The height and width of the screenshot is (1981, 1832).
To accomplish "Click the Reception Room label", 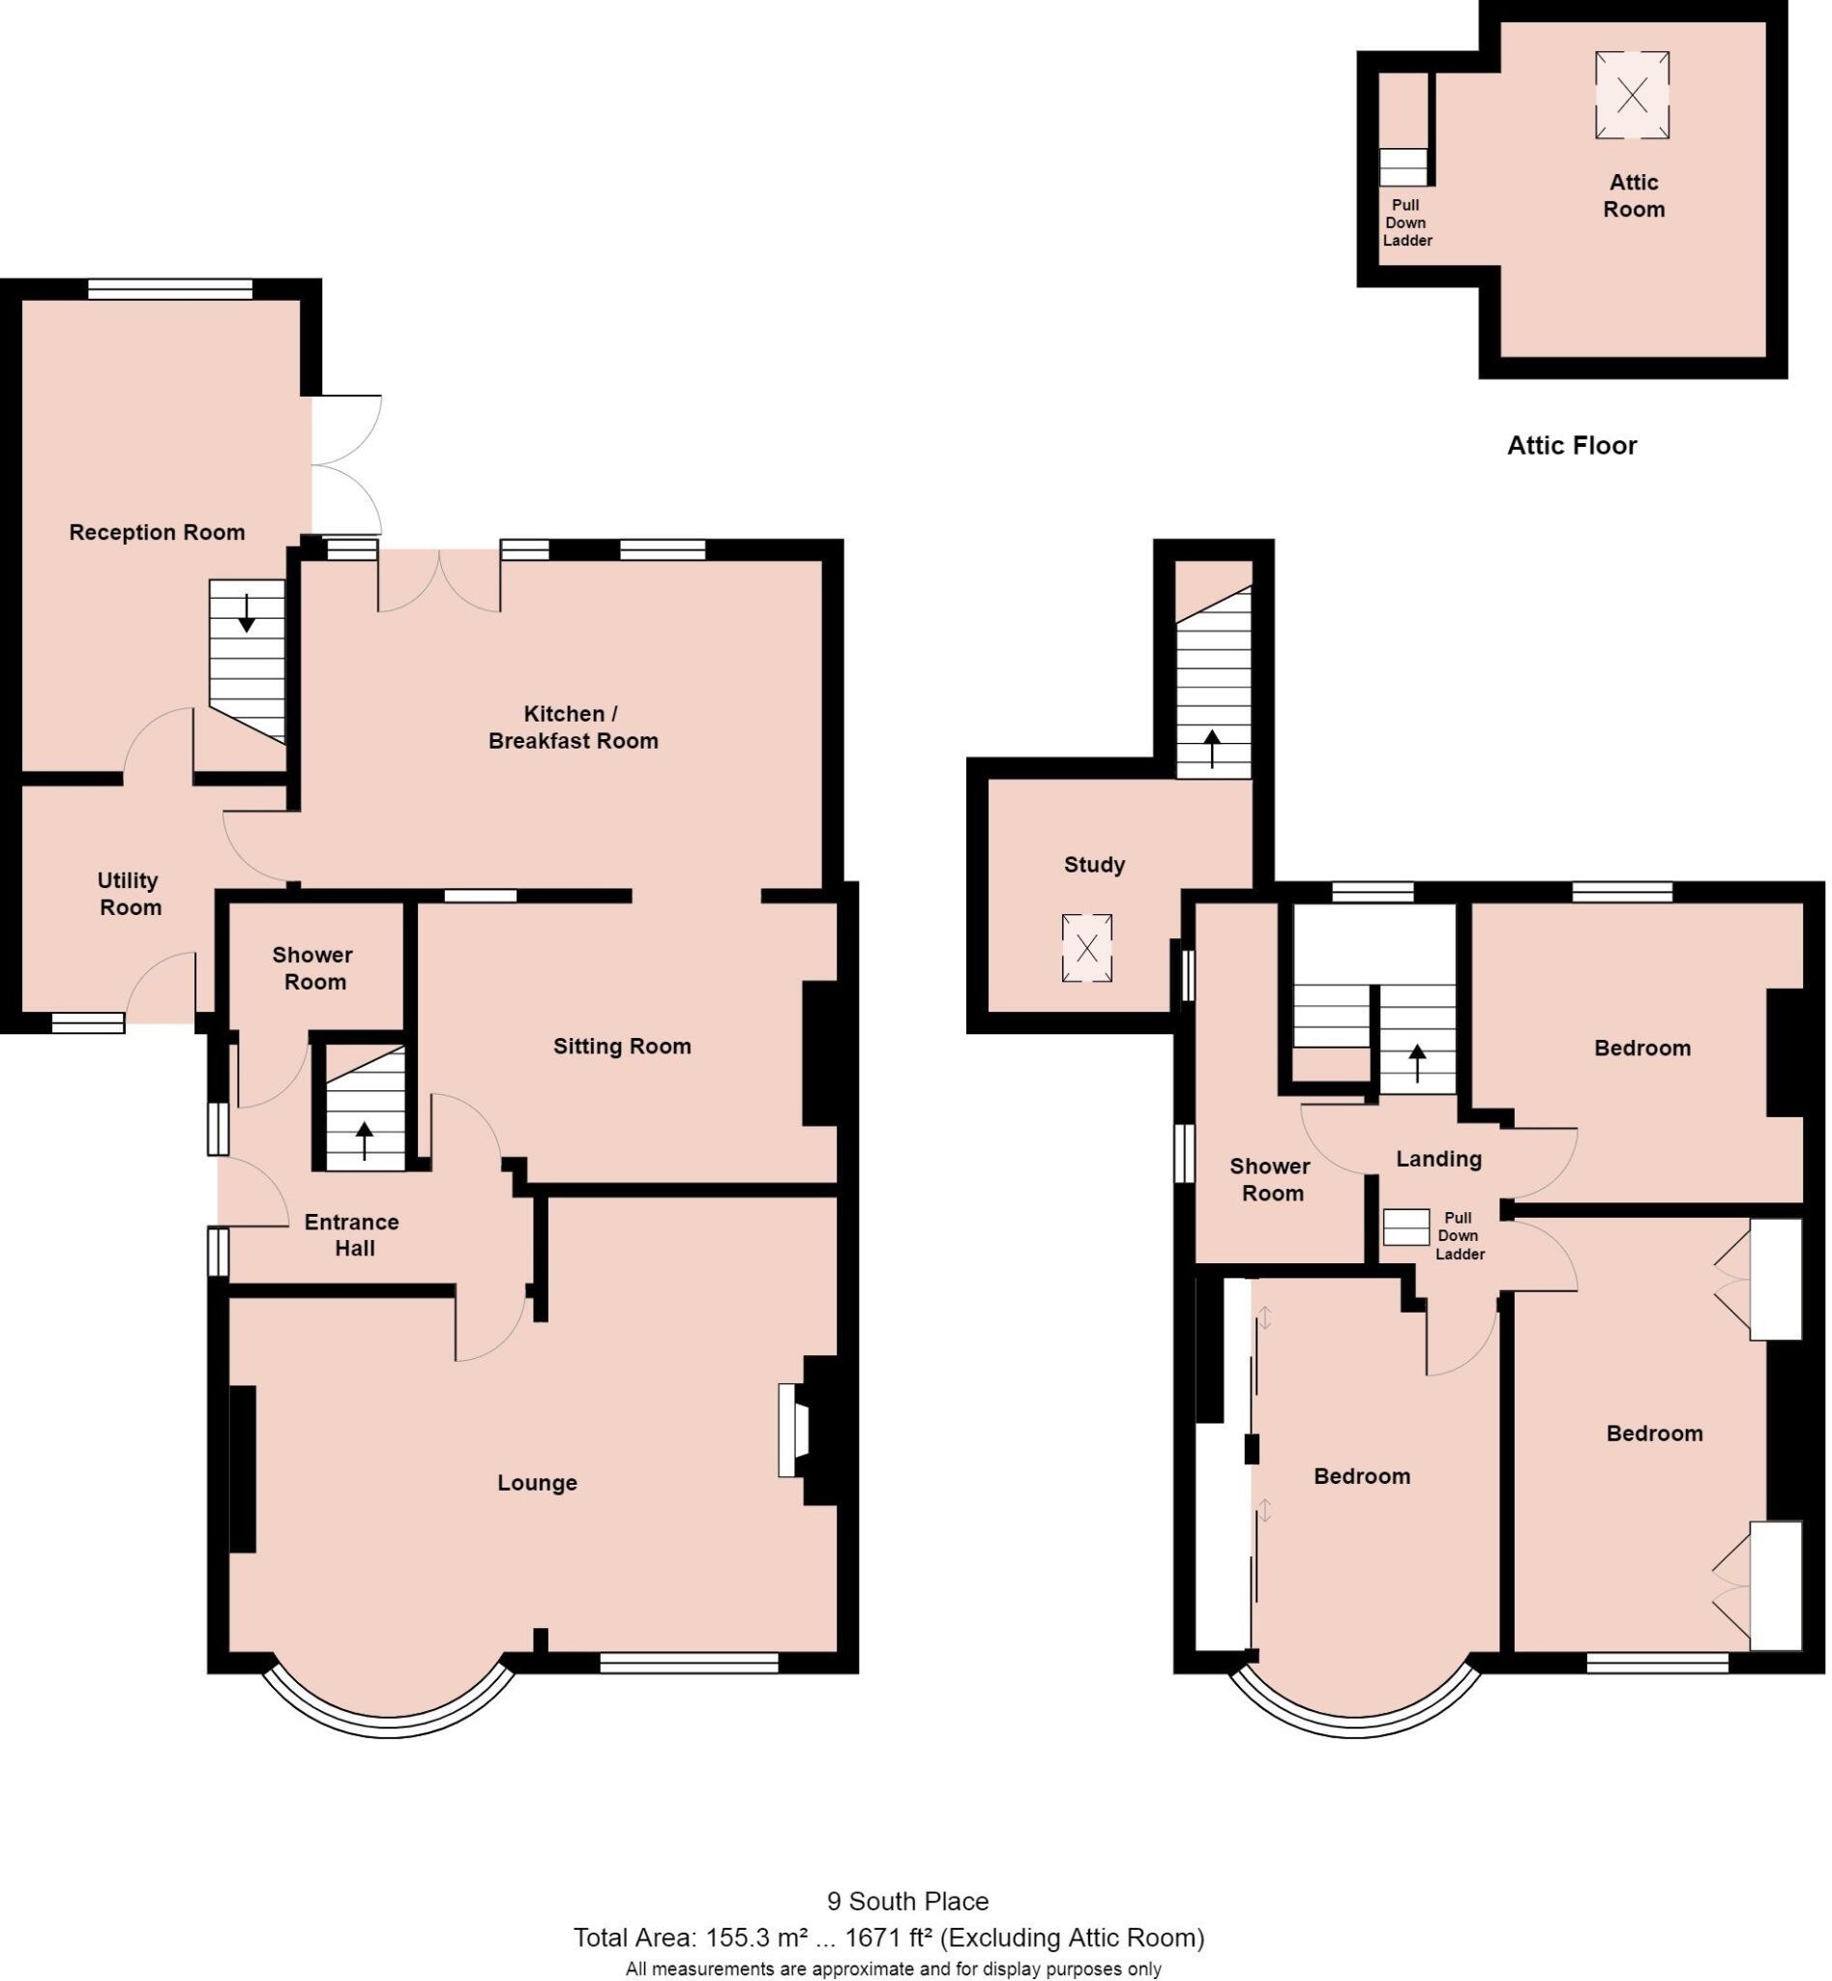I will [157, 532].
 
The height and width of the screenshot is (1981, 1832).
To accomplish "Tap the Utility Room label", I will [129, 894].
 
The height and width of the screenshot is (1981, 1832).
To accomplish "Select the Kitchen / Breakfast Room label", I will [573, 726].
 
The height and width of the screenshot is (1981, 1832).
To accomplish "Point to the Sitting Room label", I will [622, 1046].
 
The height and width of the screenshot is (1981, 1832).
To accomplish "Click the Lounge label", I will [536, 1482].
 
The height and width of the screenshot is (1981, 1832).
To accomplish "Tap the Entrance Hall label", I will [352, 1234].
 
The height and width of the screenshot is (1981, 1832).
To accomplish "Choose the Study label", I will [1093, 865].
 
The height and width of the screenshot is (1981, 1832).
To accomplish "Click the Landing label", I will [1438, 1158].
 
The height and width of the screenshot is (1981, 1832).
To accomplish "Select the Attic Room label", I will [1634, 195].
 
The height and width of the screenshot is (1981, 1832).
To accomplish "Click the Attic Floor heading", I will [1571, 445].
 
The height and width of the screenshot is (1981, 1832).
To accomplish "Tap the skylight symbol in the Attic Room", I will [1632, 95].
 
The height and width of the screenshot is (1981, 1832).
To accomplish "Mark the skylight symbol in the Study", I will [1086, 948].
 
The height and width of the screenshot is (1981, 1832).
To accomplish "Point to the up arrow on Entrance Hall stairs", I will [364, 1138].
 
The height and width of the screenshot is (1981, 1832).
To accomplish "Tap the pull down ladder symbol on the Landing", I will [1405, 1227].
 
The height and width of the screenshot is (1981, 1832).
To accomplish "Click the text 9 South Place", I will [908, 1901].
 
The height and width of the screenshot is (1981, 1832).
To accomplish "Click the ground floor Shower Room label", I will [312, 967].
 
